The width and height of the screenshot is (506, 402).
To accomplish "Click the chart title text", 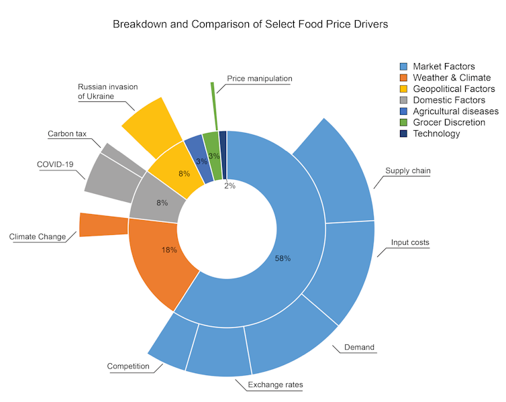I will (x=250, y=23).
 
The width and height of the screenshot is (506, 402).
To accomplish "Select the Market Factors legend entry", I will (x=444, y=66).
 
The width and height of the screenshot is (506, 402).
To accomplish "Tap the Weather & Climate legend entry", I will (x=452, y=78).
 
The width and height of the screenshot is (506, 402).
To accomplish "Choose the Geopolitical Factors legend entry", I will (x=454, y=89).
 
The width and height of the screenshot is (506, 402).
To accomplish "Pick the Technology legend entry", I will (x=436, y=134).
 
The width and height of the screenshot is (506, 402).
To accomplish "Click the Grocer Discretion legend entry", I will (x=449, y=122).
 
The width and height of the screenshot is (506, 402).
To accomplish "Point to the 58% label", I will (x=283, y=258).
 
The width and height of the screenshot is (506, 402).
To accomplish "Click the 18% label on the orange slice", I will (x=169, y=250).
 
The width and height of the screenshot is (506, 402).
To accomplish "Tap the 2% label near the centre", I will (x=230, y=186).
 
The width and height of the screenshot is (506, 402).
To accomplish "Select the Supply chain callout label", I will (x=407, y=170).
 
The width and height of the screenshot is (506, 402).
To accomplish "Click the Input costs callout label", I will (x=410, y=242).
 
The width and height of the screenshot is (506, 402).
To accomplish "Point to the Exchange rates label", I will (x=275, y=385).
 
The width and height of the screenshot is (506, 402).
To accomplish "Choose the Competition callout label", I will (x=128, y=366).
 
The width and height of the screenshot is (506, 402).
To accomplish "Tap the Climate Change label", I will (x=38, y=236).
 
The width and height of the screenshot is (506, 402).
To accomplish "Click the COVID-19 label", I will (x=54, y=164).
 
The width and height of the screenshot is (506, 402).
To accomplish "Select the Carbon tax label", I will (x=67, y=134).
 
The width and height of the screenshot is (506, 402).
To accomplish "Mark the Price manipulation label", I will (x=259, y=79).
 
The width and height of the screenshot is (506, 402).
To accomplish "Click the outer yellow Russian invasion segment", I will (x=152, y=120).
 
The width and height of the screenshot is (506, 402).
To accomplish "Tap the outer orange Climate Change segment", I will (x=103, y=224).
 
